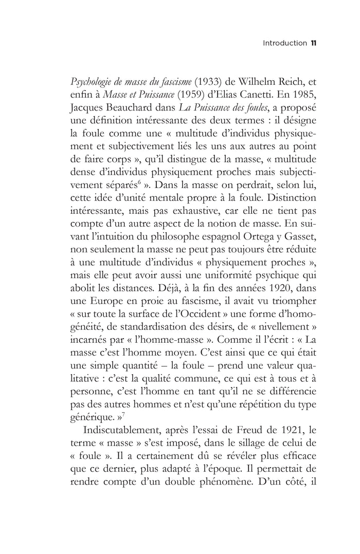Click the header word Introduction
coord(284,43)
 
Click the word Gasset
coord(301,228)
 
